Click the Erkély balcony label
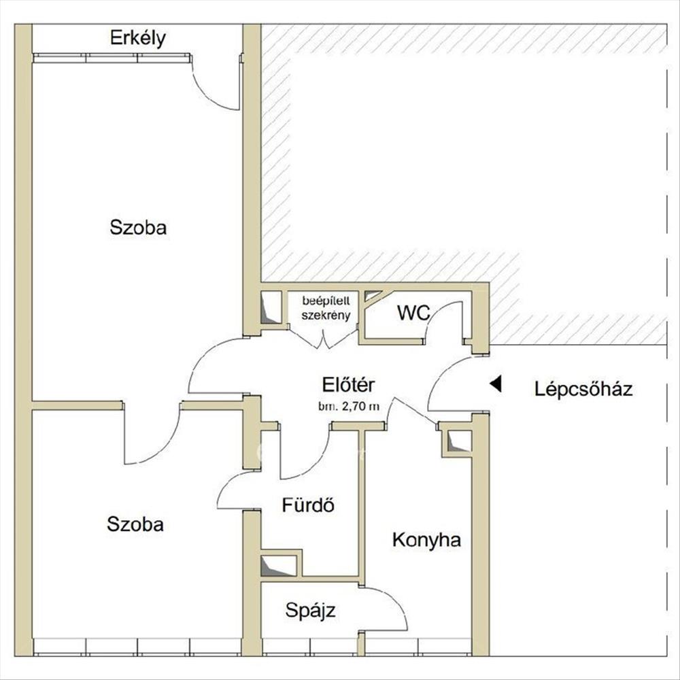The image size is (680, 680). [137, 38]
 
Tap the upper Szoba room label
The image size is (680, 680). [138, 228]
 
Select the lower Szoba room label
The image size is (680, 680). [135, 524]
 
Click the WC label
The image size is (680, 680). [413, 313]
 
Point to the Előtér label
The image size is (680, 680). [348, 384]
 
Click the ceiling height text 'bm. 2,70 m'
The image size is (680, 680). [349, 407]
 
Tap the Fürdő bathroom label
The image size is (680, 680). [308, 505]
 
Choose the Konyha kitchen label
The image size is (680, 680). [426, 540]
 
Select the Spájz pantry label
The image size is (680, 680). [310, 611]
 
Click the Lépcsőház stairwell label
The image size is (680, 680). [583, 388]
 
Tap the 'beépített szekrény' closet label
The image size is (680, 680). [326, 308]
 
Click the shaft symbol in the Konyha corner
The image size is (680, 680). [459, 441]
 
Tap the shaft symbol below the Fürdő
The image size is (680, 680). [278, 566]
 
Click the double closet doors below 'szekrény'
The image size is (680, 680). [324, 339]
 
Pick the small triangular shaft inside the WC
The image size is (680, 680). [372, 296]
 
